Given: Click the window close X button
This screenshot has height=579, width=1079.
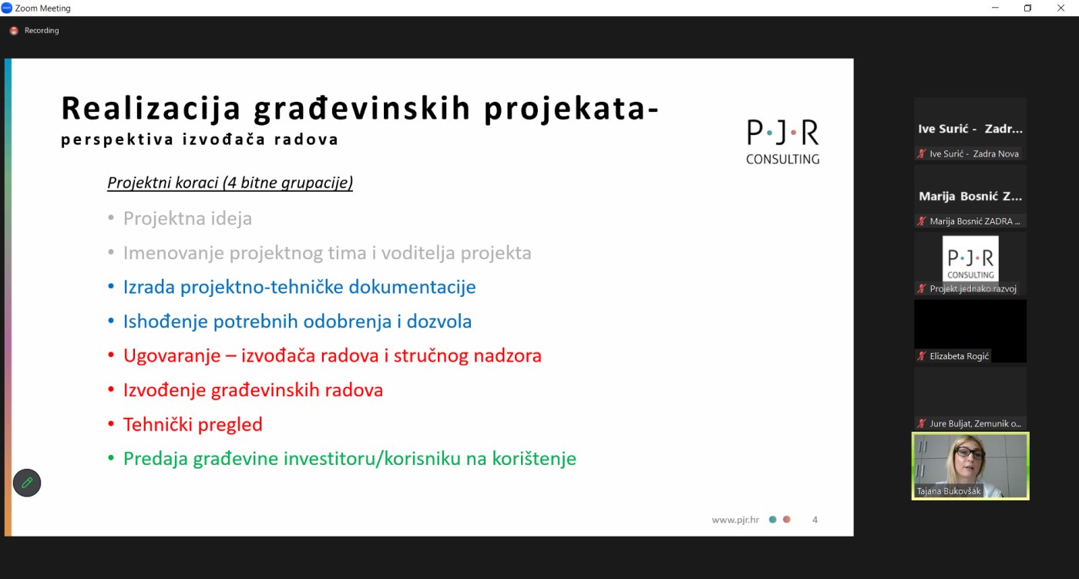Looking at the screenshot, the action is click(1061, 8).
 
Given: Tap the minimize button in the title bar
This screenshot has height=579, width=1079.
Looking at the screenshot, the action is click(995, 8).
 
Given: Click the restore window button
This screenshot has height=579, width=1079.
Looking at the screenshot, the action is click(1027, 8).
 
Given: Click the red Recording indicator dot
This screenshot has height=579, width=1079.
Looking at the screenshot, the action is click(14, 30).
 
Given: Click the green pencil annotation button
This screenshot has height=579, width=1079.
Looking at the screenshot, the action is click(27, 483).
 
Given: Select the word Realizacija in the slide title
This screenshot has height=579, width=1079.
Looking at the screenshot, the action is click(151, 108).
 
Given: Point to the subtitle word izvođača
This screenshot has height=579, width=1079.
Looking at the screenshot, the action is click(224, 140).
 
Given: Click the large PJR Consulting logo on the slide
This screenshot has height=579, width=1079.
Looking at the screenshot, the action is click(783, 142).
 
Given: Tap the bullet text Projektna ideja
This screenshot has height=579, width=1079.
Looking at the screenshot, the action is click(187, 218).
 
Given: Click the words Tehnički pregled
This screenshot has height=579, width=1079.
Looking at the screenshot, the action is click(193, 424).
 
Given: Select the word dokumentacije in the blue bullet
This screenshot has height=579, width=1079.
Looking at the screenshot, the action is click(412, 287).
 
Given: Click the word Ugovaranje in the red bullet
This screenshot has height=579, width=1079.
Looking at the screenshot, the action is click(172, 356).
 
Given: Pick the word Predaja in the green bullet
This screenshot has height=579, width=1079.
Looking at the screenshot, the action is click(156, 459).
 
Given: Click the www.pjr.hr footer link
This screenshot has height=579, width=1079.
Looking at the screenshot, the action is click(735, 520).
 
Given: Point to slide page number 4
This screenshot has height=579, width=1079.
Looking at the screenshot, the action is click(815, 520).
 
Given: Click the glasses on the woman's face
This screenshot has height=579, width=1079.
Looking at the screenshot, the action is click(970, 453).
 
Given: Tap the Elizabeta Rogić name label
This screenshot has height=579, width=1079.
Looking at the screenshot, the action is click(959, 356).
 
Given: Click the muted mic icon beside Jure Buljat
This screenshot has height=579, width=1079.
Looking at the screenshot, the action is click(922, 423).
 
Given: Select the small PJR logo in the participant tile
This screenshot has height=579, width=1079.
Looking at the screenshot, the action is click(970, 259).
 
